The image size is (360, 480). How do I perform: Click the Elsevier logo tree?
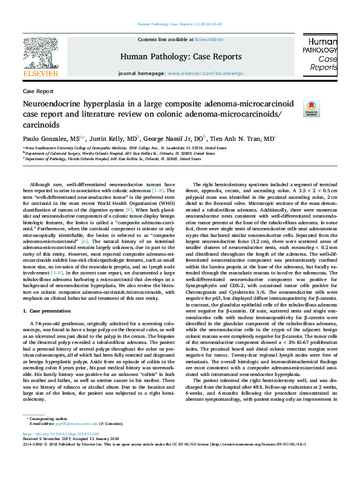pos(40,54)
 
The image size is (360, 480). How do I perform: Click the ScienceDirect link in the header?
pos(210,39)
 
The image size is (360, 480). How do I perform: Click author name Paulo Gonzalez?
pos(47,138)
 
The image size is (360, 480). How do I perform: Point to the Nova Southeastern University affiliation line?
pos(125,148)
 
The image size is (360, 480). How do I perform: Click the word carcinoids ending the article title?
pos(43,125)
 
